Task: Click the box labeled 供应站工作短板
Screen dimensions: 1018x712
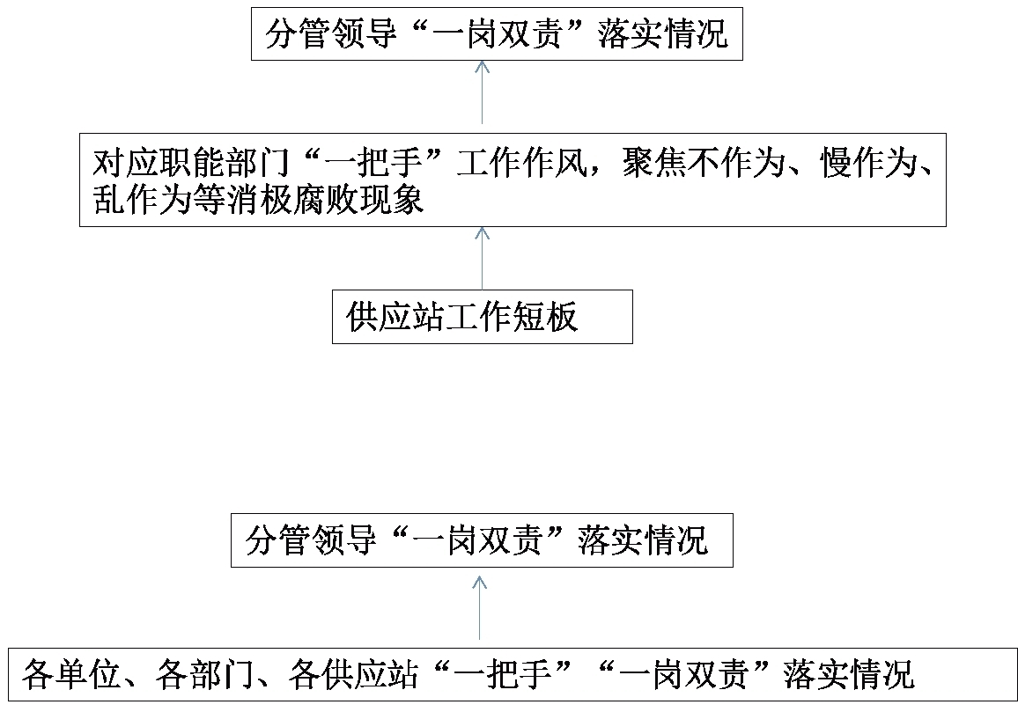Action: click(483, 317)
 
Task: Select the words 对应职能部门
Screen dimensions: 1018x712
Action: click(191, 163)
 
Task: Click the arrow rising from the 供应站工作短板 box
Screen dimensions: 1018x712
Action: click(482, 259)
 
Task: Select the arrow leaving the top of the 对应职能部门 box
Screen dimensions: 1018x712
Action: click(482, 92)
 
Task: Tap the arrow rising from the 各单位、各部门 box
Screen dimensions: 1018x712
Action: click(479, 607)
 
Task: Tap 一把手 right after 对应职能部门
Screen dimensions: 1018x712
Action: click(373, 163)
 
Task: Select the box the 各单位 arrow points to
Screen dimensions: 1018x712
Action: click(482, 540)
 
